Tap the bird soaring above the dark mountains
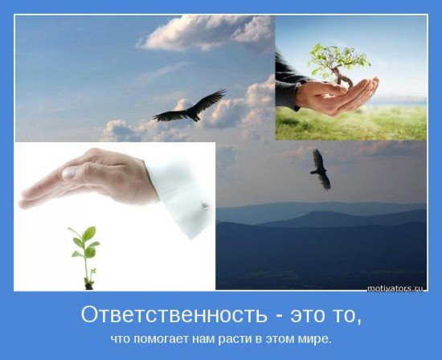pos(320,169)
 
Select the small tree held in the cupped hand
pos(338,63)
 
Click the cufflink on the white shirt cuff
pos(205,206)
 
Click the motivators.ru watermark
pos(395,288)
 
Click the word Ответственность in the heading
pos(174,315)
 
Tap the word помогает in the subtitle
pos(161,338)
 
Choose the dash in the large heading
pos(279,317)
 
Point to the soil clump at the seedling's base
pos(88,285)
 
